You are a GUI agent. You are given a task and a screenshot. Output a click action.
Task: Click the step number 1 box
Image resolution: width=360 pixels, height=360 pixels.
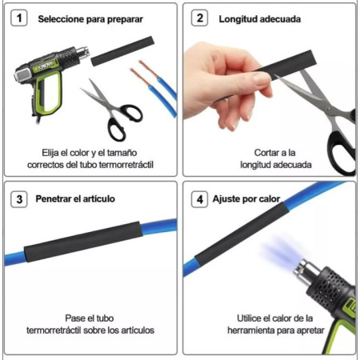pyautogui.click(x=18, y=18)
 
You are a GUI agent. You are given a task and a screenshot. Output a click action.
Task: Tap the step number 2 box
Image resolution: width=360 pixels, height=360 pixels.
pyautogui.click(x=199, y=18)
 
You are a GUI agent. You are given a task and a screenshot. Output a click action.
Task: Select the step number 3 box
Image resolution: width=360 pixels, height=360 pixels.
pyautogui.click(x=18, y=199)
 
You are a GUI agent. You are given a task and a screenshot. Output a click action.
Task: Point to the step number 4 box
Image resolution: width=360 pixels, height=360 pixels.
pyautogui.click(x=199, y=199)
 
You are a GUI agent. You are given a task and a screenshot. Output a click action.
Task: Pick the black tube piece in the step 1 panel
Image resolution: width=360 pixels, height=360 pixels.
pyautogui.click(x=122, y=51)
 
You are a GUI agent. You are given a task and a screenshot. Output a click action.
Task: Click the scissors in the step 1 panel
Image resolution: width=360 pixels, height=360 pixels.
pyautogui.click(x=114, y=110)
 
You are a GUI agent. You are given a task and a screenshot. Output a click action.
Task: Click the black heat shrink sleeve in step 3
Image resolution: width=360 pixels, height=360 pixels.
pyautogui.click(x=83, y=241)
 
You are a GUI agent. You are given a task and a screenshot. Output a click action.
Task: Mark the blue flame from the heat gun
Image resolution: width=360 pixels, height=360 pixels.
pyautogui.click(x=282, y=252)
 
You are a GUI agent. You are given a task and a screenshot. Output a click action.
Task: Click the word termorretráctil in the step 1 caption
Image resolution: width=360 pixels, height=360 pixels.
pyautogui.click(x=126, y=165)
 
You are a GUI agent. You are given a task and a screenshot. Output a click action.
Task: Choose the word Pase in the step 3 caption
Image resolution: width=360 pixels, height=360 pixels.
pyautogui.click(x=74, y=318)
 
